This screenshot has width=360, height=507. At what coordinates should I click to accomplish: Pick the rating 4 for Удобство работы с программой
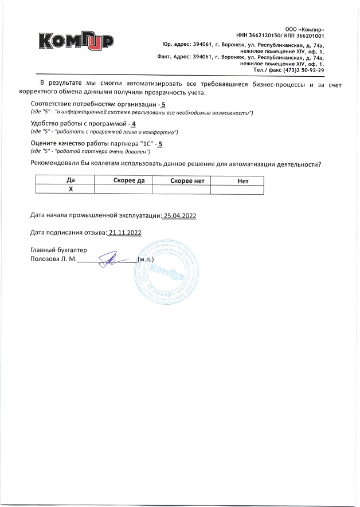point(134,124)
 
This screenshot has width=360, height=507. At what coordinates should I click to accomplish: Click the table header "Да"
point(71,180)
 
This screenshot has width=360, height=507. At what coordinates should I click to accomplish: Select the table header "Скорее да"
point(129,180)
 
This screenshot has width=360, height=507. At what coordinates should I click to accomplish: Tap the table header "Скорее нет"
point(187,180)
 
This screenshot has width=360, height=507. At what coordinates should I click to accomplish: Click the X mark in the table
point(71,188)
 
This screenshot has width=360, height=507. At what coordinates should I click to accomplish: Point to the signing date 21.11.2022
point(126,233)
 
